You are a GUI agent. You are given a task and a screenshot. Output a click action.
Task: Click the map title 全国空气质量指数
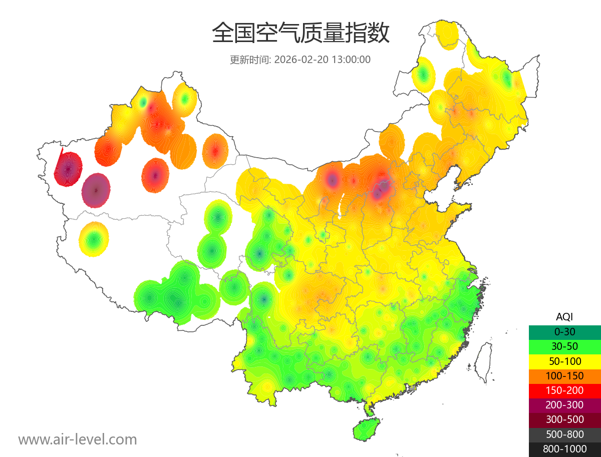[300, 34]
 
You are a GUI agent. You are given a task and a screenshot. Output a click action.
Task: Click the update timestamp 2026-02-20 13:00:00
[323, 60]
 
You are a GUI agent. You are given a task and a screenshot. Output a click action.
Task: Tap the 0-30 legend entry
[564, 332]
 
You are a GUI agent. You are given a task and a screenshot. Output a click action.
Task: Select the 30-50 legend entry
[564, 346]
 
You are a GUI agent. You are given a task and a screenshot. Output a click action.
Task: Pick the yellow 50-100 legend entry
[564, 361]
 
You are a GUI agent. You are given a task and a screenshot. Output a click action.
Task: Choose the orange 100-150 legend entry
[564, 376]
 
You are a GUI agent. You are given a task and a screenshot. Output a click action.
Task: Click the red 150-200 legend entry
[564, 390]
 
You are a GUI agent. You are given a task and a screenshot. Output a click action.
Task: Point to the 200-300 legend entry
[564, 405]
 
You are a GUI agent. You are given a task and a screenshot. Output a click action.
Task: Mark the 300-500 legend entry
[564, 419]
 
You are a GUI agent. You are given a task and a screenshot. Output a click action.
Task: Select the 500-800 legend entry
[564, 434]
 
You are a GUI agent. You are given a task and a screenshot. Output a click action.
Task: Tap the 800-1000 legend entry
[564, 449]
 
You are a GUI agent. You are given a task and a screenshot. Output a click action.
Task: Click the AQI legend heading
[564, 317]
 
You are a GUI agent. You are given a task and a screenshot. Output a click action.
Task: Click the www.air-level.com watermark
[78, 439]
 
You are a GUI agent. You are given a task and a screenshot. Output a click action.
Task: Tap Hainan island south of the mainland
[367, 429]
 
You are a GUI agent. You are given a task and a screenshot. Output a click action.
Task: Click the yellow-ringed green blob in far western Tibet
[94, 240]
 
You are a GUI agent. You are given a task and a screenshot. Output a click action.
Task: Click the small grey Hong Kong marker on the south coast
[413, 388]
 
